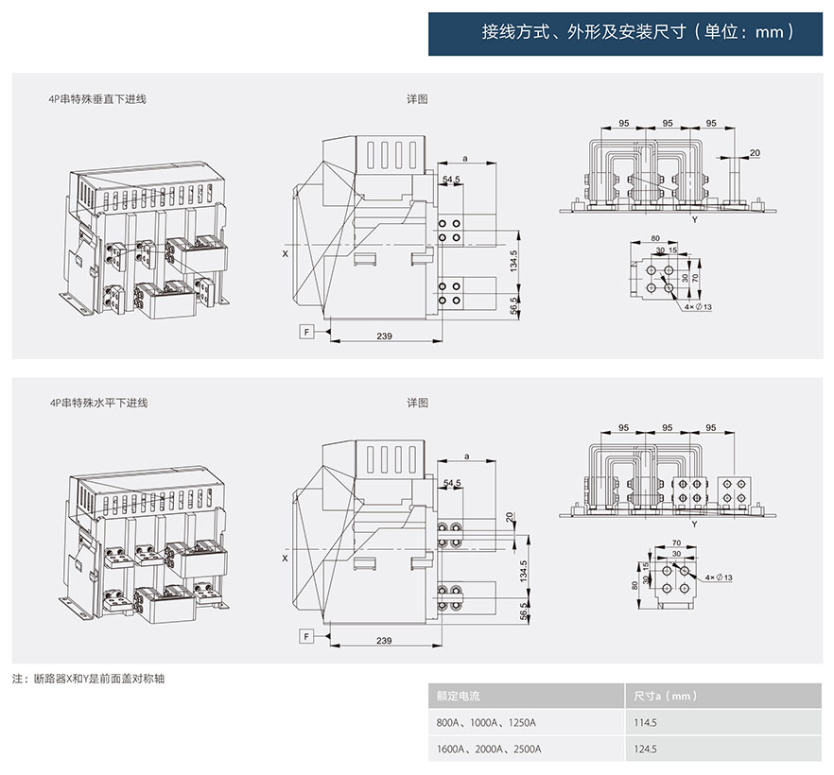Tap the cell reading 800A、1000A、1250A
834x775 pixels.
pyautogui.click(x=486, y=723)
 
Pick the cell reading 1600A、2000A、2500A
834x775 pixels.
pyautogui.click(x=488, y=749)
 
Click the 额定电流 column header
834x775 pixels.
pyautogui.click(x=459, y=696)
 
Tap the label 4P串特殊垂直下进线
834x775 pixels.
pyautogui.click(x=97, y=98)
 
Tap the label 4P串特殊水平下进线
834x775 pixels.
pyautogui.click(x=97, y=403)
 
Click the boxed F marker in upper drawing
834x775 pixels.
pyautogui.click(x=307, y=332)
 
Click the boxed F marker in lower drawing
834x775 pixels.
pyautogui.click(x=307, y=636)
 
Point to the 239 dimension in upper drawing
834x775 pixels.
pyautogui.click(x=385, y=336)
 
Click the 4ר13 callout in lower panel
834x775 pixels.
pyautogui.click(x=719, y=577)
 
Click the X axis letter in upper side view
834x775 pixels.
pyautogui.click(x=285, y=254)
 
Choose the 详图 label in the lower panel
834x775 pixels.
pyautogui.click(x=418, y=403)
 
